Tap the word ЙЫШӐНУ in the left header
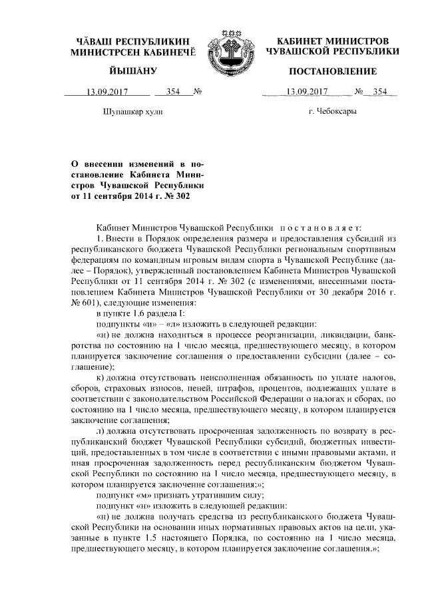[x=132, y=71]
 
